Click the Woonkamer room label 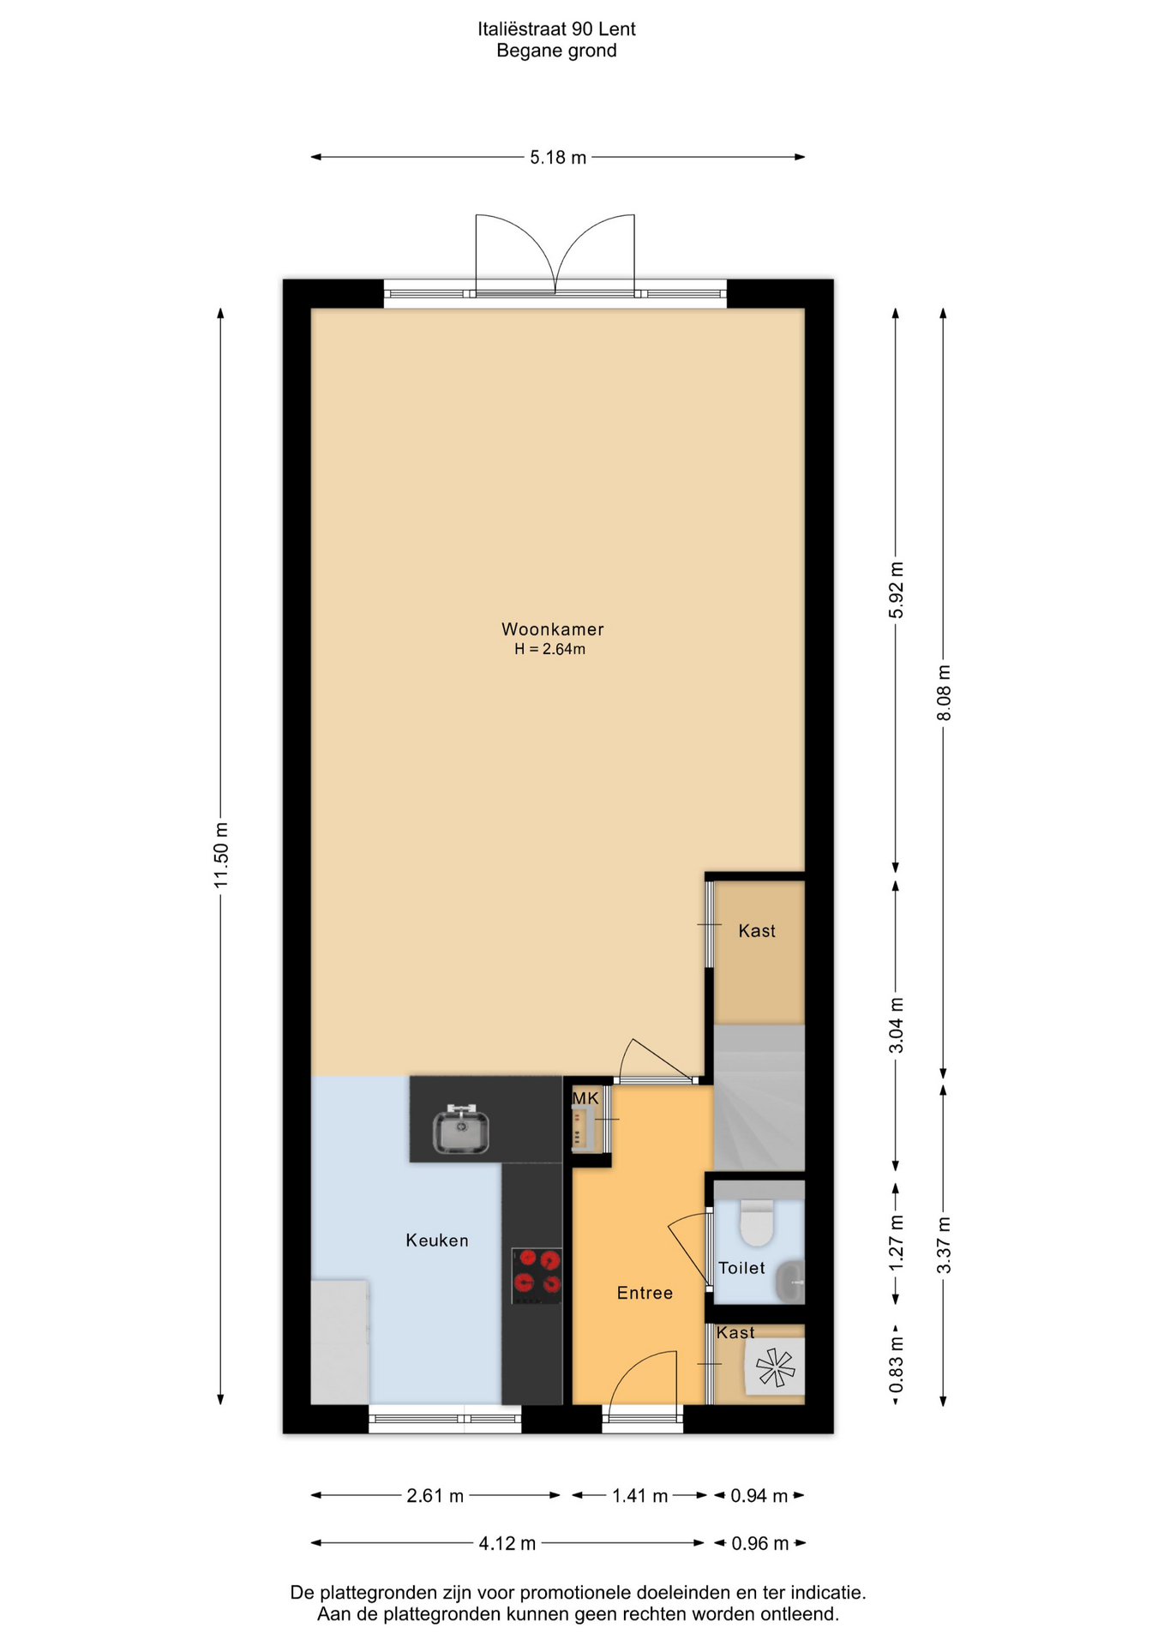pos(553,628)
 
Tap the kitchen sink pos(461,1130)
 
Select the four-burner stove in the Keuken pos(537,1275)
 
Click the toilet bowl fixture pos(757,1222)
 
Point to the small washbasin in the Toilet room pos(790,1282)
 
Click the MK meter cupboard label pos(585,1098)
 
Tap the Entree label pos(645,1293)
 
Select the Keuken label pos(437,1241)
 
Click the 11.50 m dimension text pos(221,855)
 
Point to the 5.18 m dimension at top pos(558,157)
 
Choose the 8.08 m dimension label pos(944,692)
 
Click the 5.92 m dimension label pos(897,590)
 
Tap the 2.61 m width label pos(435,1496)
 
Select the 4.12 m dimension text pos(507,1544)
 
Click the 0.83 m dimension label pos(897,1365)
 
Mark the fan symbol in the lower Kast pos(776,1367)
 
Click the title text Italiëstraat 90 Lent pos(557,29)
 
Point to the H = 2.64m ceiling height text pos(550,649)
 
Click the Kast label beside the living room pos(757,931)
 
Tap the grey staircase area pos(759,1097)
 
